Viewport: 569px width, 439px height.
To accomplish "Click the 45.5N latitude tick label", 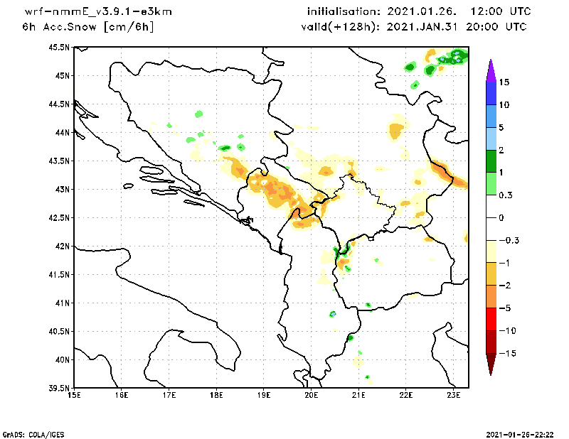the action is coord(59,48).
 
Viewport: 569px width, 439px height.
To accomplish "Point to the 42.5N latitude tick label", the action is coord(59,218).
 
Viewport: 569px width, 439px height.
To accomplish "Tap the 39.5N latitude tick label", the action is coord(59,389).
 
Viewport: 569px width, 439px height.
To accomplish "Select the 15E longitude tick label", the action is coord(75,395).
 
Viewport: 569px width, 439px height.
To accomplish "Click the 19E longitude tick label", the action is coord(264,395).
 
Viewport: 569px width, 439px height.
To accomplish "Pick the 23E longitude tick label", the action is coord(454,395).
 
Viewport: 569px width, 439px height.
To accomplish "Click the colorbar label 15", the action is coord(504,82).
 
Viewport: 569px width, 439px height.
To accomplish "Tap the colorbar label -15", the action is coord(508,354).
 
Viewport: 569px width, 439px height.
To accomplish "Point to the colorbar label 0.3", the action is coord(506,195).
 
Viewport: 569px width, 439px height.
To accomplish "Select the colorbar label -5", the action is coord(505,308).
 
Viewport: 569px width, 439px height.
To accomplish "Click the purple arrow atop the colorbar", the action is coord(491,70).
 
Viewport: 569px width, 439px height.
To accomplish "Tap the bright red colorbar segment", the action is coord(491,320).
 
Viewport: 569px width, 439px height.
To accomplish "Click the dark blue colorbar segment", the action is coord(491,94).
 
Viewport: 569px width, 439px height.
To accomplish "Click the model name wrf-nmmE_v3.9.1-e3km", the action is coord(98,11).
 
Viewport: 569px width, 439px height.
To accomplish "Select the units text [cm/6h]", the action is coord(129,27).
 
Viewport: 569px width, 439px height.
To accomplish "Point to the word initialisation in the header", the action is coord(344,11).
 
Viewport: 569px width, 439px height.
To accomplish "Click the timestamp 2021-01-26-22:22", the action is coord(520,435).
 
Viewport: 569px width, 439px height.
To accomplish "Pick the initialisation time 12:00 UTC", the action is coord(501,11).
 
